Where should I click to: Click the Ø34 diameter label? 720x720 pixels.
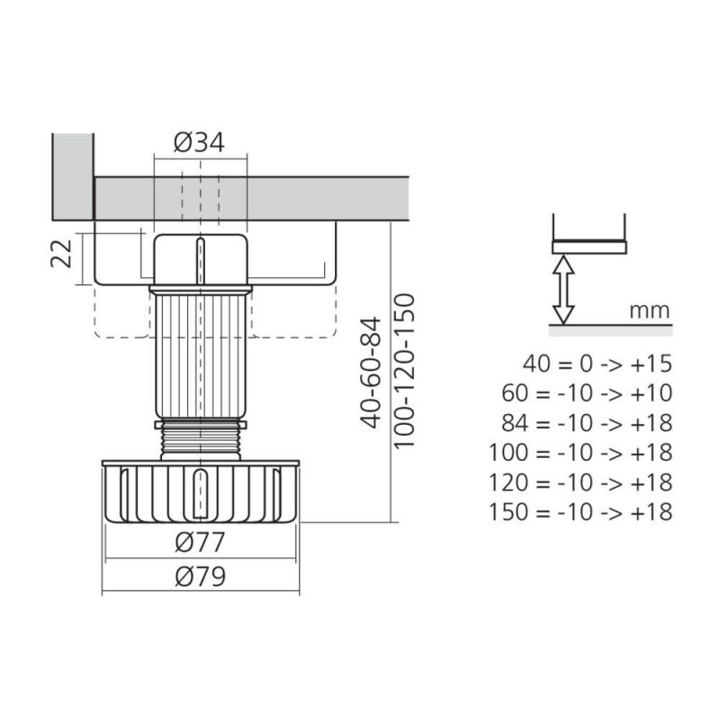coord(199,142)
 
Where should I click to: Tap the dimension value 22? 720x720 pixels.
coord(61,253)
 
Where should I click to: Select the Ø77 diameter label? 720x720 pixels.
coord(200,543)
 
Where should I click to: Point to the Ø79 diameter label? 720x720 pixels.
coord(200,576)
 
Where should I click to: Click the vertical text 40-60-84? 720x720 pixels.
coord(371,372)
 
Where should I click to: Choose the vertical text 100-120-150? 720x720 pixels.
coord(404,371)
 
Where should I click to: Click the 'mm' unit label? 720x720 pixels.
coord(649,310)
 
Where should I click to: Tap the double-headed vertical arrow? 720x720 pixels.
coord(563,289)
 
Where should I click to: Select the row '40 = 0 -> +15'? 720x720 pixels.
coord(598,364)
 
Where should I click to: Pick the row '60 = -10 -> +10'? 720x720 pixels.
coord(587,393)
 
